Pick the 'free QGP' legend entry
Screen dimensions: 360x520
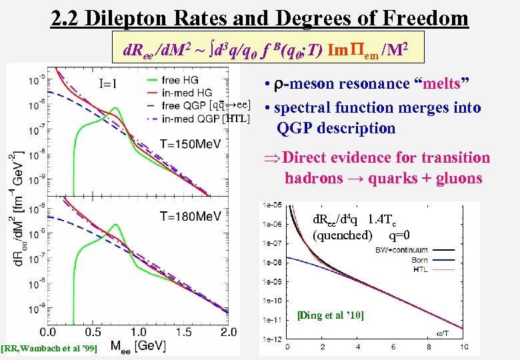coord(183,106)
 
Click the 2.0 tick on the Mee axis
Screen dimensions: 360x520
coord(229,331)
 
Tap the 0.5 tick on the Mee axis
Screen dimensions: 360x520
coord(93,331)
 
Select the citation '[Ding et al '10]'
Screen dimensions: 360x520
coord(331,315)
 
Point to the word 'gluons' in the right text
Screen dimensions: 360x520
coord(461,178)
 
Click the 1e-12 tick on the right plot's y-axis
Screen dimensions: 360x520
coord(272,340)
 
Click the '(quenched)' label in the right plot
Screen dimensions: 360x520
coord(342,235)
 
